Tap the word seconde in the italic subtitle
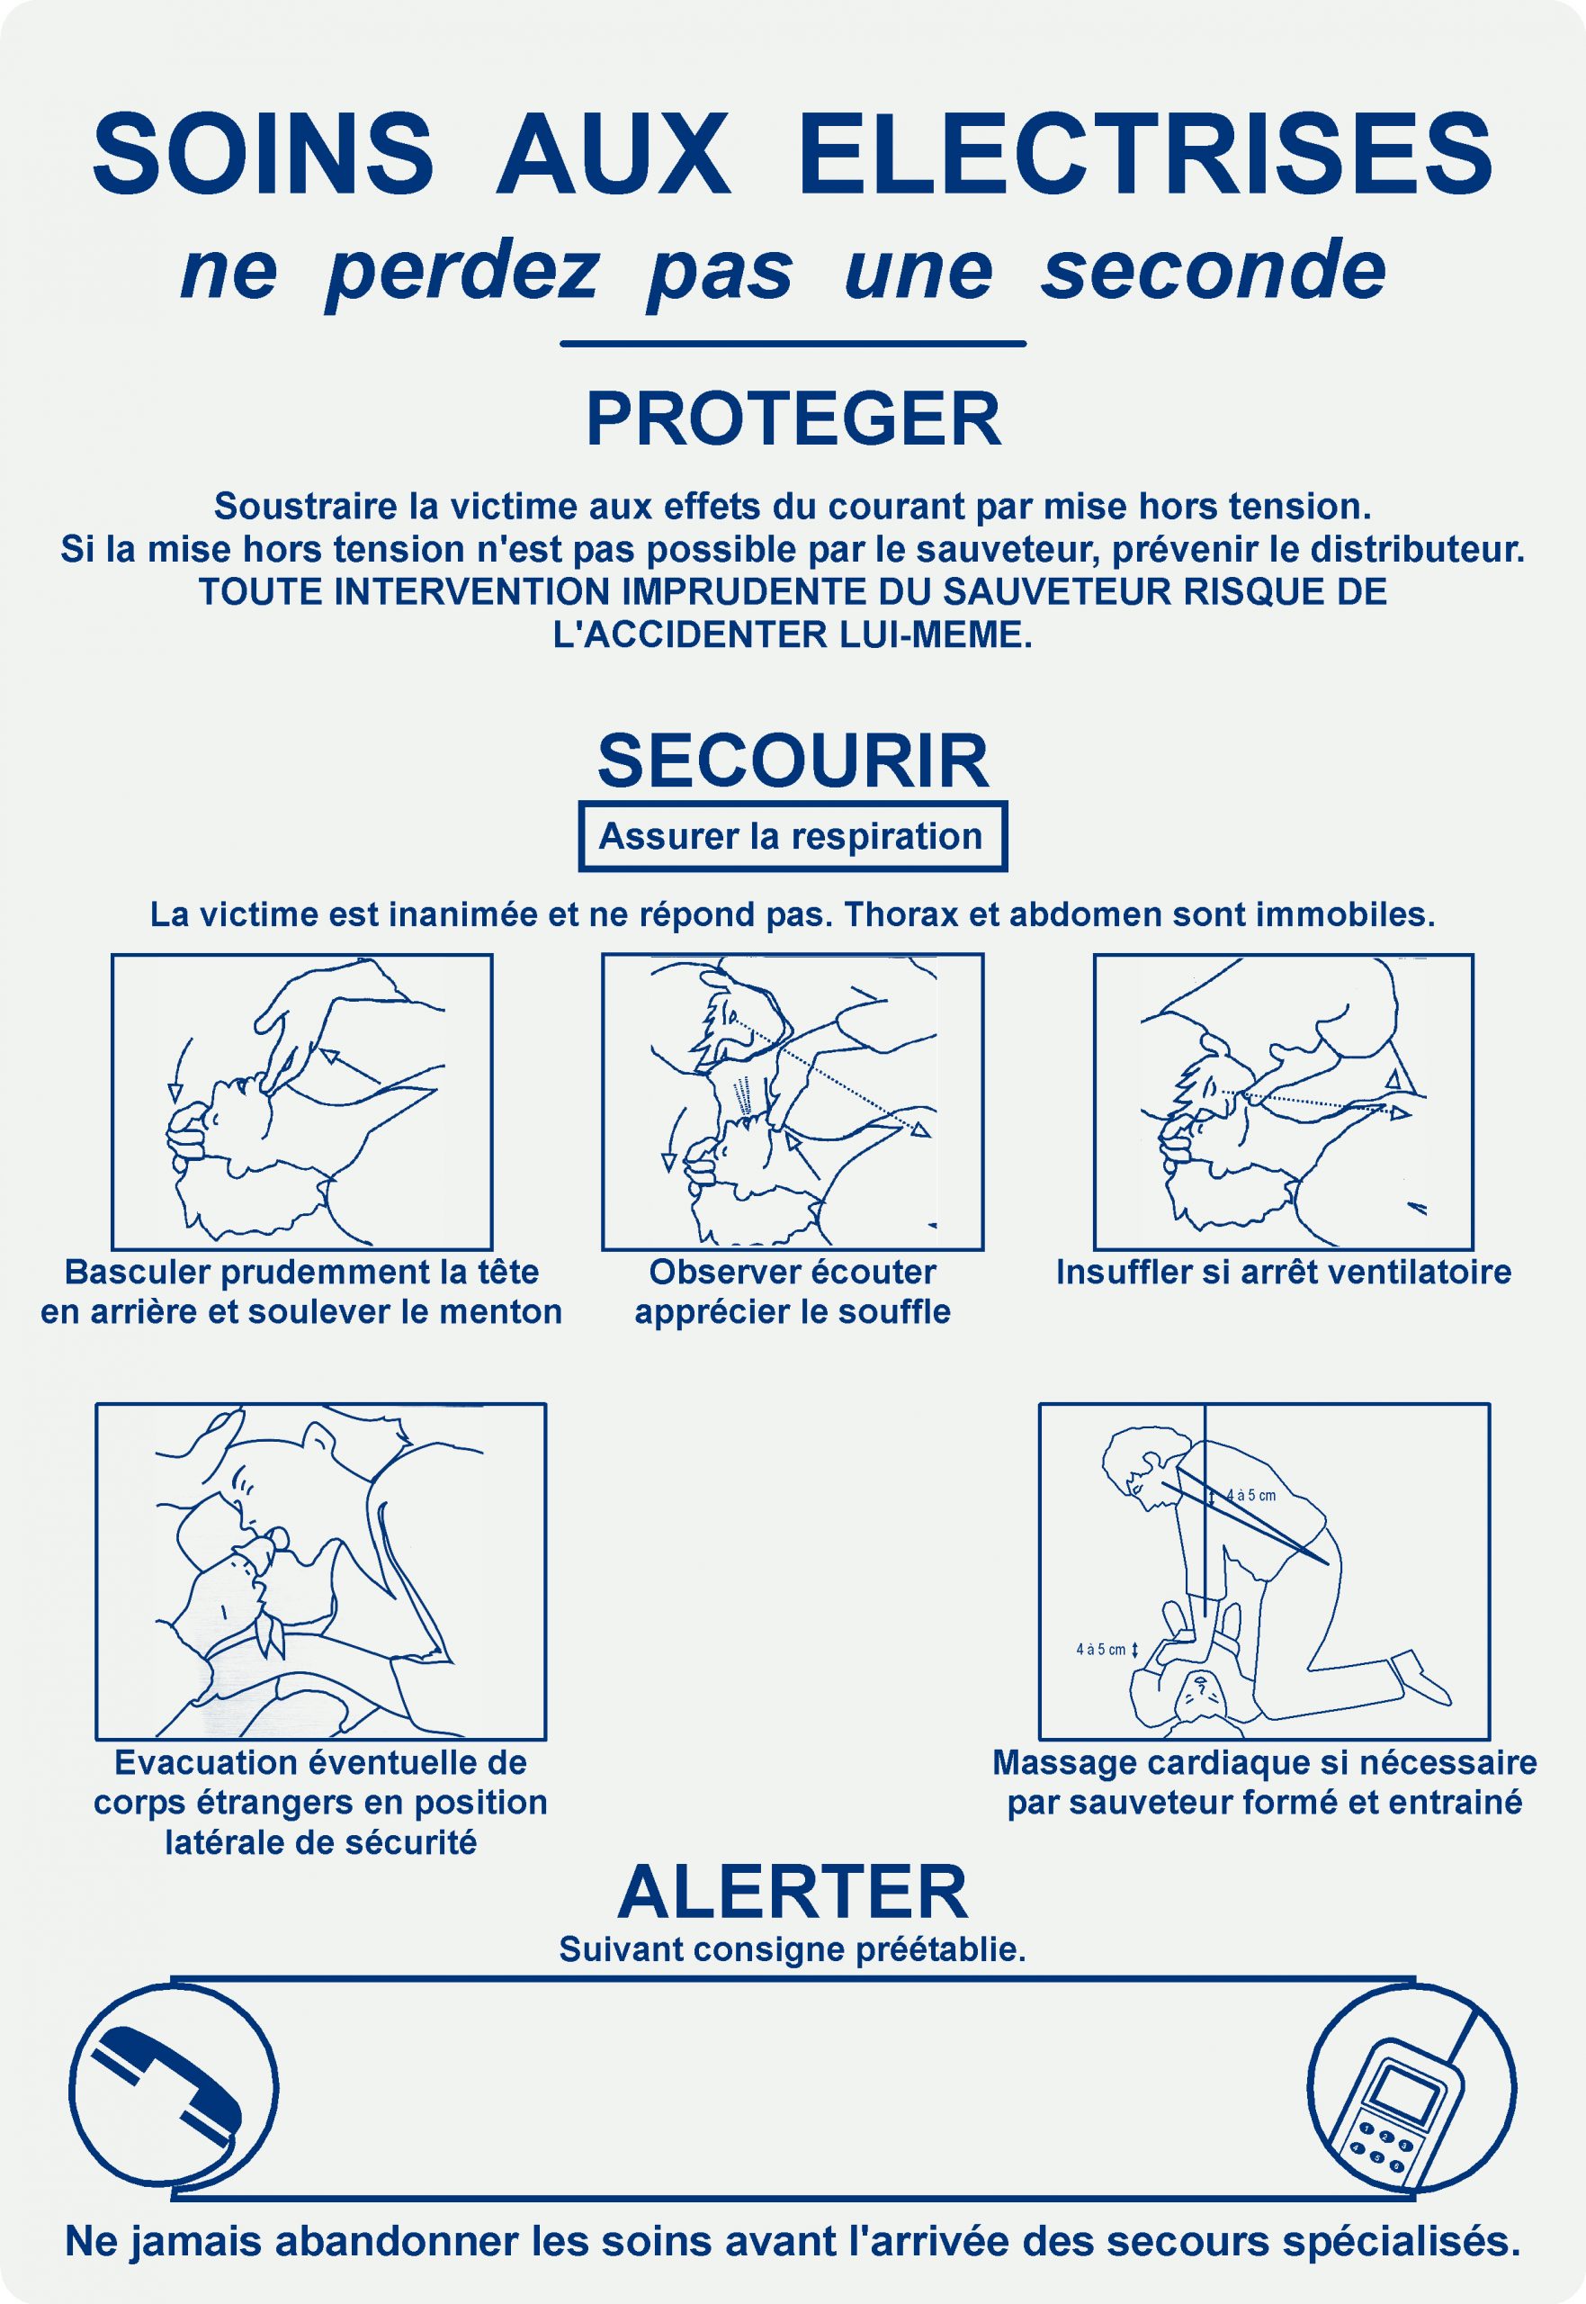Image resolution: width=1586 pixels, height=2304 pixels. coord(1214,270)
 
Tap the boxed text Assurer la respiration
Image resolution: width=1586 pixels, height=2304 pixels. coord(792,836)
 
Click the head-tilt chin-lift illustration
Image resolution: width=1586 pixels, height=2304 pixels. coord(301,1102)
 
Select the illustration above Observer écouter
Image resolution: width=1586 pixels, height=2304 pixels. coord(792,1102)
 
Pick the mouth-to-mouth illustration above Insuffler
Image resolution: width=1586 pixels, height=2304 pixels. coord(1283,1102)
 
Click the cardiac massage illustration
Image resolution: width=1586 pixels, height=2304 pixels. coord(1264,1571)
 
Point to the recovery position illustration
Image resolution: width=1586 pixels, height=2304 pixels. coord(320,1571)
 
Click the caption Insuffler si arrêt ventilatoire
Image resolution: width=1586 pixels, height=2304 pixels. coord(1283,1273)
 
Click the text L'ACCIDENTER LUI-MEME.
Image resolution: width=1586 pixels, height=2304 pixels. coord(793,635)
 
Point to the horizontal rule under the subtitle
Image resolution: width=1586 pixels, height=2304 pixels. coord(793,344)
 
